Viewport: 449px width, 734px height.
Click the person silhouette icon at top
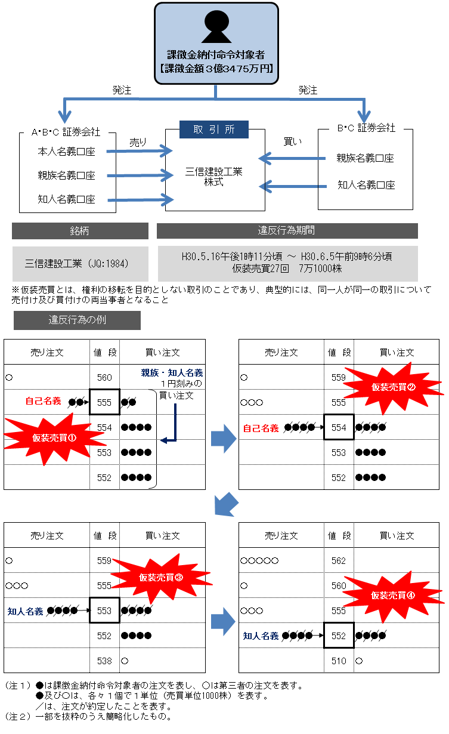(x=216, y=26)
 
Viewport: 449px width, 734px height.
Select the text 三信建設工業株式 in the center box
(x=214, y=177)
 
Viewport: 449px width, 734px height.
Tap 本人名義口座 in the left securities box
(x=66, y=152)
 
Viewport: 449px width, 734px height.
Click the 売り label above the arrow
(x=138, y=143)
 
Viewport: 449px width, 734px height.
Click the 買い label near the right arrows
(x=293, y=142)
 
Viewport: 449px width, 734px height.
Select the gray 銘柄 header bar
(x=80, y=231)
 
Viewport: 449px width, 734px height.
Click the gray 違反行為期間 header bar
(x=287, y=231)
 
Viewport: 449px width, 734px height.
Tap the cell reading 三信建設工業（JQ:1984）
(x=80, y=263)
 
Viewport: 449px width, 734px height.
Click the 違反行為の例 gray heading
(x=77, y=320)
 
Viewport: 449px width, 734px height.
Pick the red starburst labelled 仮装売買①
(x=54, y=437)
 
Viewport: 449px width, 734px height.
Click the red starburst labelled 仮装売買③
(x=161, y=577)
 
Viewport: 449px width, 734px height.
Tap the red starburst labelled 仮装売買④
(x=393, y=595)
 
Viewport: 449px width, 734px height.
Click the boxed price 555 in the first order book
(x=104, y=402)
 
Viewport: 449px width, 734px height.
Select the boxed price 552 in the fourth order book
(x=339, y=636)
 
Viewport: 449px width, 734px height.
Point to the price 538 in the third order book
(x=104, y=661)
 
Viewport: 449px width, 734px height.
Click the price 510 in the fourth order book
(x=339, y=661)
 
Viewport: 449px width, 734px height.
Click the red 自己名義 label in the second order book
(x=261, y=428)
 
